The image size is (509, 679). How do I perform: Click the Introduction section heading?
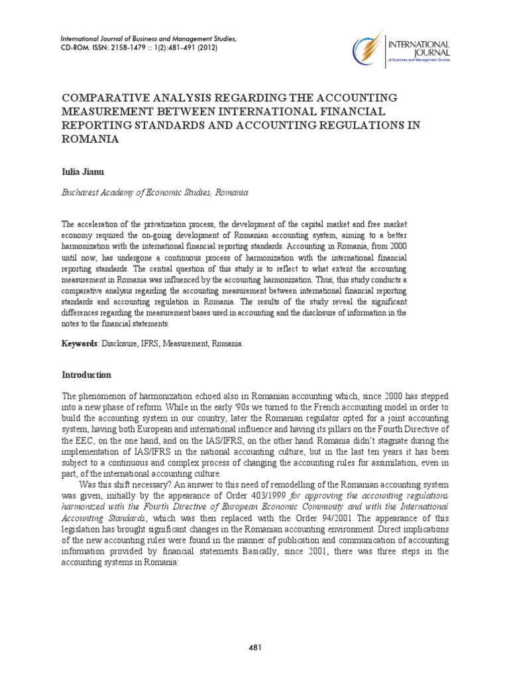(86, 375)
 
